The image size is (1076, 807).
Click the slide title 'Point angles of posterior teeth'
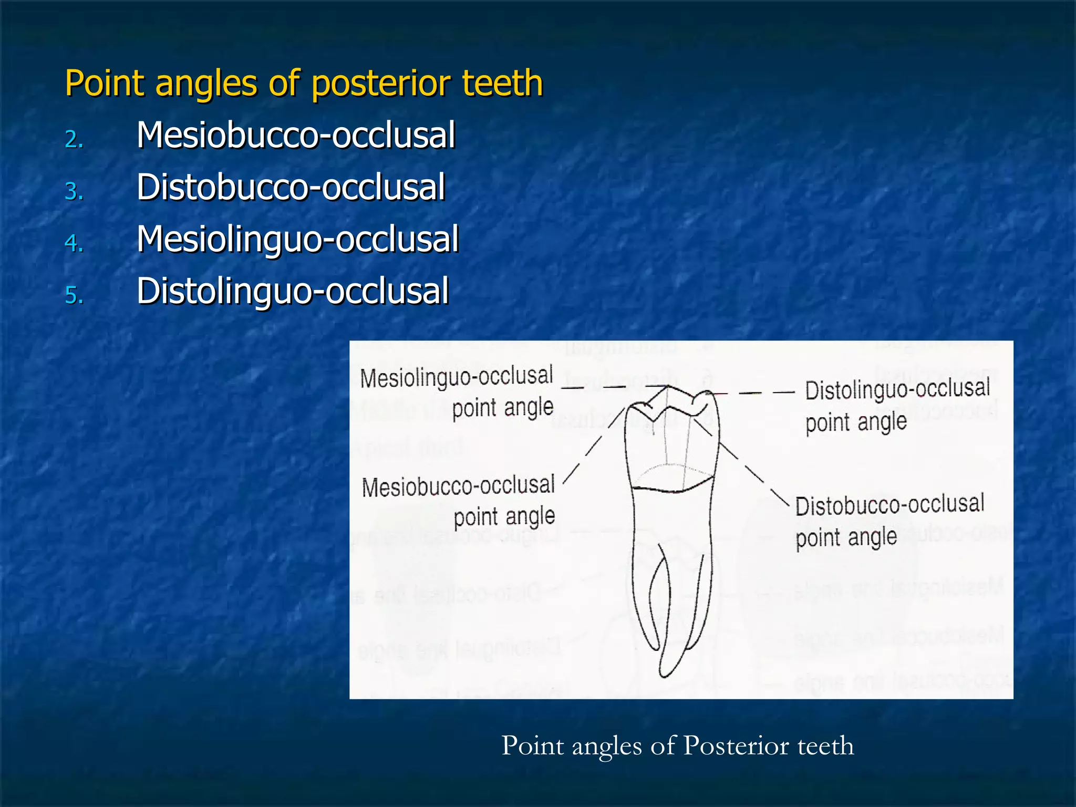pos(304,84)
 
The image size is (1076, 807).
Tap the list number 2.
pos(74,139)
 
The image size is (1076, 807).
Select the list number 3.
pos(74,191)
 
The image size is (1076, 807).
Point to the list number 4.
pos(74,243)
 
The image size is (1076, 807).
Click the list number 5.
pos(74,295)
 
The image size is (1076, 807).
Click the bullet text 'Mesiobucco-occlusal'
pos(296,135)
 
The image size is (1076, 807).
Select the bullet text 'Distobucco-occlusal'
pos(291,187)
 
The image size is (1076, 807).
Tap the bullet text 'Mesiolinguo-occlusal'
pos(298,239)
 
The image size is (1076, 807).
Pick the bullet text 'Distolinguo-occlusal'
pos(293,291)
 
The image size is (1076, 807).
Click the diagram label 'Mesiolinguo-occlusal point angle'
pos(457,392)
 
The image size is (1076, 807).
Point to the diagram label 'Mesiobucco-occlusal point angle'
pos(458,501)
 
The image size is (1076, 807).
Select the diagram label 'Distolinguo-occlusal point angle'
pos(897,405)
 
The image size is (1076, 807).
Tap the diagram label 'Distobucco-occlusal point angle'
pos(889,521)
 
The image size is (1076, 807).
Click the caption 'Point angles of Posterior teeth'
pos(677,746)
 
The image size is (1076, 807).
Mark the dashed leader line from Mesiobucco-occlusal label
pos(594,444)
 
